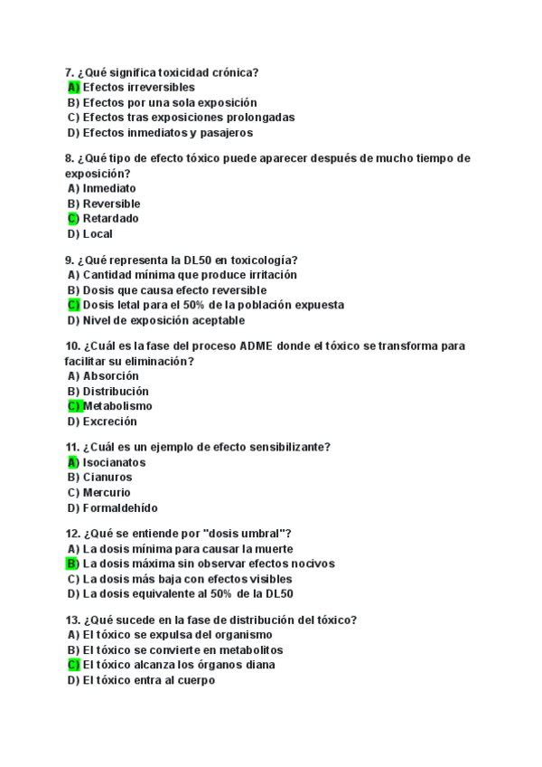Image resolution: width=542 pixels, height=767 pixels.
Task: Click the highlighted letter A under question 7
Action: [x=73, y=88]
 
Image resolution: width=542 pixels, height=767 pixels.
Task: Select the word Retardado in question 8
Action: [x=111, y=219]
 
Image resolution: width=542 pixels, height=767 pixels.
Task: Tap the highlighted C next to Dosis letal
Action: [x=73, y=306]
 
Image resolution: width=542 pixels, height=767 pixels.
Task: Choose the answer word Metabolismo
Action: [x=117, y=406]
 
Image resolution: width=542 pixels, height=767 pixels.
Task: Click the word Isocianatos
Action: [x=114, y=462]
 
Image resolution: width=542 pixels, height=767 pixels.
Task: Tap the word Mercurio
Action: [x=107, y=492]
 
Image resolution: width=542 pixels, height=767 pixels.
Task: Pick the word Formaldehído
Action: [x=119, y=507]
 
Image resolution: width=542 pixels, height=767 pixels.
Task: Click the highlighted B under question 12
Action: [x=73, y=563]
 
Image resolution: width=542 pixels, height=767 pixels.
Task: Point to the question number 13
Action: [x=73, y=620]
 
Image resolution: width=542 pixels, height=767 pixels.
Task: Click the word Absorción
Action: [x=110, y=376]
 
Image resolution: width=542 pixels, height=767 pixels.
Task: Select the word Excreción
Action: [x=109, y=421]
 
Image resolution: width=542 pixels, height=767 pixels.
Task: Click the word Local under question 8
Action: [x=98, y=234]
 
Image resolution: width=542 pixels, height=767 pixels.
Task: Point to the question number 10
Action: [x=73, y=346]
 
